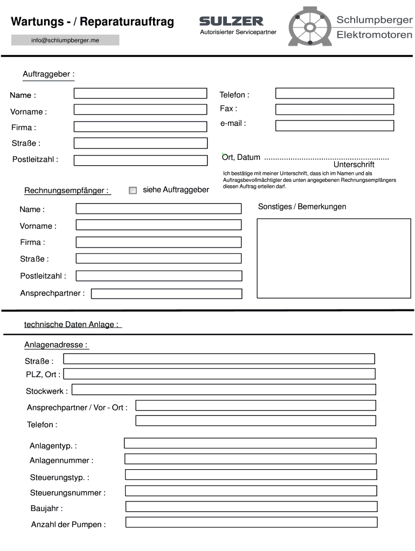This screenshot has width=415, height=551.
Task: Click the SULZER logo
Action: [x=231, y=21]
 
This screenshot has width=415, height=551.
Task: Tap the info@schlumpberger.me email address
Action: [x=65, y=40]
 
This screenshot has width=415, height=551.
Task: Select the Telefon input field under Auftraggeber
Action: [x=334, y=94]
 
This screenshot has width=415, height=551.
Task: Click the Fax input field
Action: [x=334, y=110]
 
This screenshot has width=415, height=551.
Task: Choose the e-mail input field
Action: [x=334, y=126]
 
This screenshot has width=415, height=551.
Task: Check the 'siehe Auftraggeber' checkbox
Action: [x=133, y=190]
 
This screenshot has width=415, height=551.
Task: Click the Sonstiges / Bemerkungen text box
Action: [x=335, y=258]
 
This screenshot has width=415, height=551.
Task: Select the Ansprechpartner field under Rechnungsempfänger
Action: [x=167, y=294]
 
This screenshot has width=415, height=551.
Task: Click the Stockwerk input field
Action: [x=224, y=390]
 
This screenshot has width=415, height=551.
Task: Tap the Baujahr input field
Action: [x=251, y=507]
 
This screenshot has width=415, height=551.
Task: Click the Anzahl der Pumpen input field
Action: [x=251, y=522]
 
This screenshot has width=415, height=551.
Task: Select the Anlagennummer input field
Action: [x=251, y=459]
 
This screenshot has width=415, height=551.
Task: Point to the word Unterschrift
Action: [x=354, y=165]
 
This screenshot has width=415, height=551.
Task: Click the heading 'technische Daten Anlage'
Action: [x=72, y=324]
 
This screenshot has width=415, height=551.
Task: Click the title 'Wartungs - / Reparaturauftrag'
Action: [x=93, y=22]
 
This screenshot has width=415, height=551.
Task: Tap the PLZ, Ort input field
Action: [x=219, y=374]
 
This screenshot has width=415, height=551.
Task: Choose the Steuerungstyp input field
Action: [x=251, y=475]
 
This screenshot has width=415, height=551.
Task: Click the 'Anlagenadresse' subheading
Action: [x=56, y=345]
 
